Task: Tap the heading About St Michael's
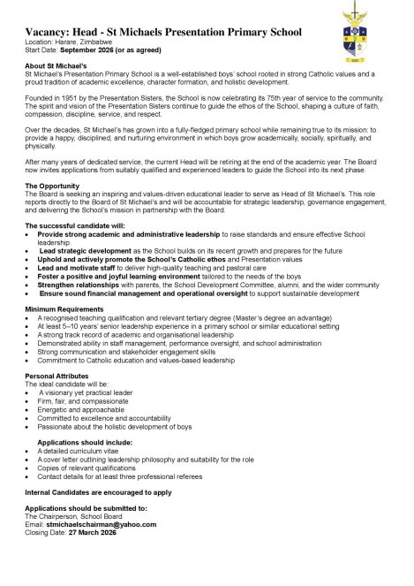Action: [x=55, y=66]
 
